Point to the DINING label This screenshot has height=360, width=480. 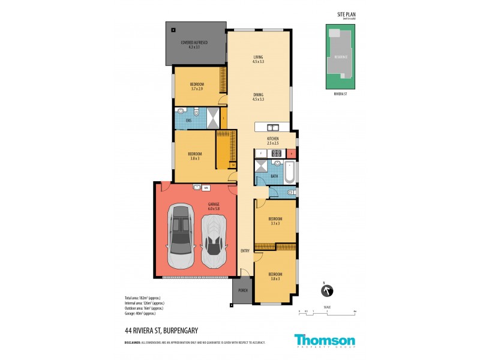259,94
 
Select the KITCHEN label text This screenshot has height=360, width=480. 273,139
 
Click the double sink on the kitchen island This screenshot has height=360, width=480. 272,127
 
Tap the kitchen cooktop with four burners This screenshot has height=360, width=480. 277,152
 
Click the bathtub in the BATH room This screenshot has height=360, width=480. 289,174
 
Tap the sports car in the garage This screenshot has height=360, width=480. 214,240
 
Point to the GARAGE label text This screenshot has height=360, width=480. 213,204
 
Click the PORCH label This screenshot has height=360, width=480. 242,290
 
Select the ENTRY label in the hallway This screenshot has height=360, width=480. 245,251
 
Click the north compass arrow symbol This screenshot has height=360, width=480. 328,291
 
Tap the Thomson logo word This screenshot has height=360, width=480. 325,340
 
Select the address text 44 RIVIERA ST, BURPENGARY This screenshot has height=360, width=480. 163,330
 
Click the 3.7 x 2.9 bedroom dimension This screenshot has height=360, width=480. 197,88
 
